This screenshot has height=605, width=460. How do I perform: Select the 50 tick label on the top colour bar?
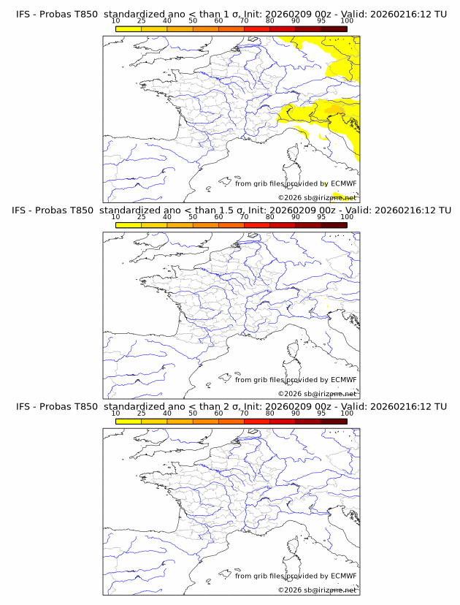pos(193,21)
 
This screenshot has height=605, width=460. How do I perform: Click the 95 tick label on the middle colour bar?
pos(321,217)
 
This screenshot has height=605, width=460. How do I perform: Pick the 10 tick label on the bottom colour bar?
pos(116,413)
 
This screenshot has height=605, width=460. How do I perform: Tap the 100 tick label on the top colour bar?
pos(347,21)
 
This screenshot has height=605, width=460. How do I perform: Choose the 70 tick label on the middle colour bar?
pos(244,217)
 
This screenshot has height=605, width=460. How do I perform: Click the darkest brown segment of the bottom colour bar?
pos(334,421)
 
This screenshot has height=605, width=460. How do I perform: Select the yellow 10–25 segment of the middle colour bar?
pos(129,225)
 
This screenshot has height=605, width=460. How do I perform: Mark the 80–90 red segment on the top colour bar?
pos(283,29)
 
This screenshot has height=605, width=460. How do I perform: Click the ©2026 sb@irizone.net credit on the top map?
pos(317,198)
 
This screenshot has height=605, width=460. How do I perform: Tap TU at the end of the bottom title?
pos(440,406)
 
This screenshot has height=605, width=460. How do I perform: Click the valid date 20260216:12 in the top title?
pos(401,15)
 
